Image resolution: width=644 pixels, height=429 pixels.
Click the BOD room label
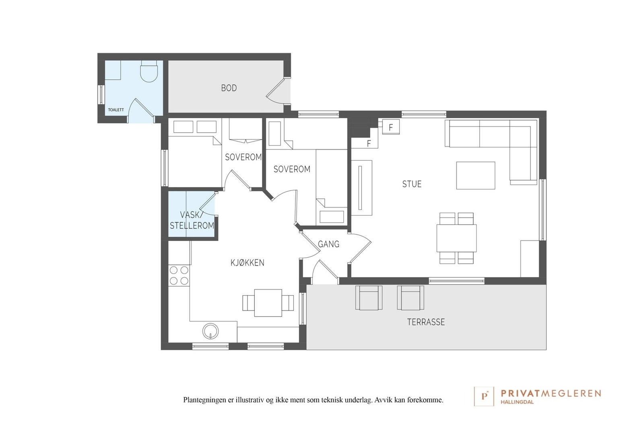coord(229,88)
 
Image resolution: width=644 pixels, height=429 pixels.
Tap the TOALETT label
coord(116,110)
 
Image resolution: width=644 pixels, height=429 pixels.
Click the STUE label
coord(412,184)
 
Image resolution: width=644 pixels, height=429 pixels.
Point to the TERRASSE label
coord(426,322)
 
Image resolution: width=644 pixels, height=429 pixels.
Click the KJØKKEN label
coord(247,263)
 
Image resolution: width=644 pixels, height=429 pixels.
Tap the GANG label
coord(328,244)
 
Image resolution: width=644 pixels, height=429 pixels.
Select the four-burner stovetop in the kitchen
coord(179,275)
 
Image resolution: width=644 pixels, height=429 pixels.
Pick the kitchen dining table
coord(268,303)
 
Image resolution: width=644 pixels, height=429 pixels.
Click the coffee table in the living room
coord(475,175)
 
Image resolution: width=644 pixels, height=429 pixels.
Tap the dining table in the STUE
coord(456,238)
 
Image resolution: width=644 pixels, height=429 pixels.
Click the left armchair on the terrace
coord(369,298)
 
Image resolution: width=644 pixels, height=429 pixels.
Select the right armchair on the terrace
coord(411,298)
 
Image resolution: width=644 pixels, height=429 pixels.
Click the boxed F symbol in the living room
coord(391,127)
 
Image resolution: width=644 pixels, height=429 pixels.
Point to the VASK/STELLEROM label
coord(192,220)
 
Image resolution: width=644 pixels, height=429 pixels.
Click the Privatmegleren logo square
coord(484,396)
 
